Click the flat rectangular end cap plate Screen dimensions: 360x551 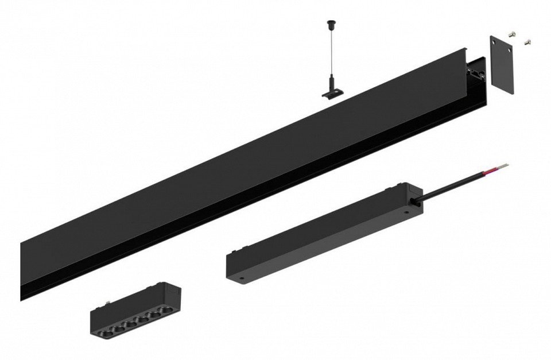pos(502,64)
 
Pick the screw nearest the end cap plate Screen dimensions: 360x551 pos(514,34)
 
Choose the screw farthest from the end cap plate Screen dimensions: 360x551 pos(527,42)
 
